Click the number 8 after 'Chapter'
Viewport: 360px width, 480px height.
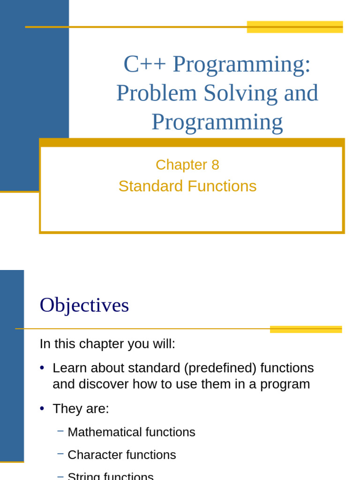pyautogui.click(x=215, y=165)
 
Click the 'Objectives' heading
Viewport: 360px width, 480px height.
pyautogui.click(x=84, y=306)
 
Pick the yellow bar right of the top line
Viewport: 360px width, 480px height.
pyautogui.click(x=294, y=27)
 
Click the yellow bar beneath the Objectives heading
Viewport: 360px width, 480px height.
pyautogui.click(x=306, y=329)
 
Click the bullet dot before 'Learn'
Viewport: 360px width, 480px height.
pyautogui.click(x=42, y=368)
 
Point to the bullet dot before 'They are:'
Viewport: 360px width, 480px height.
pyautogui.click(x=42, y=409)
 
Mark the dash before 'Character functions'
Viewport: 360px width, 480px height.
pyautogui.click(x=60, y=454)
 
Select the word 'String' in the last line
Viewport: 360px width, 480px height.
pyautogui.click(x=84, y=476)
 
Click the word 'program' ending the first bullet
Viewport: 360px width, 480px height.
pyautogui.click(x=285, y=384)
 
